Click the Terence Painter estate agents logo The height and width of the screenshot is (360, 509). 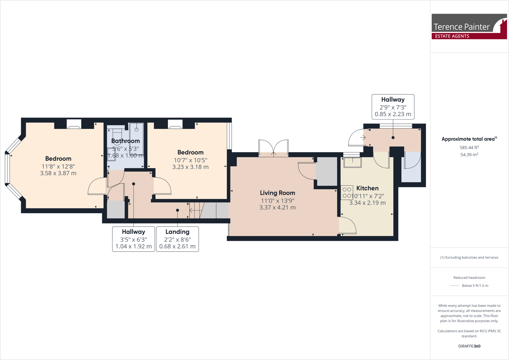tap(469, 27)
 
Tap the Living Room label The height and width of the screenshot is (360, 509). tap(277, 193)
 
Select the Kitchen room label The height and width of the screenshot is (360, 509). tap(367, 188)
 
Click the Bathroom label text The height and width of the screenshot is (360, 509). tap(126, 141)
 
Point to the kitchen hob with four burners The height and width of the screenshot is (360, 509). tap(347, 192)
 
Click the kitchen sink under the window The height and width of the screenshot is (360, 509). tap(352, 162)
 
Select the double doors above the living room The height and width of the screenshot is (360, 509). tap(273, 148)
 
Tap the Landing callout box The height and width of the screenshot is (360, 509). tap(177, 239)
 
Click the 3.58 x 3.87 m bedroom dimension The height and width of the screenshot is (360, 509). tap(58, 173)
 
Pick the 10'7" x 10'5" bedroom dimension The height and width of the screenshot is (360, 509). tap(190, 160)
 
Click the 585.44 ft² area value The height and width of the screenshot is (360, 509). tap(469, 147)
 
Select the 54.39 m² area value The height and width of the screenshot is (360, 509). tap(469, 154)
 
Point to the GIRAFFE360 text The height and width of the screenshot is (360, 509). tap(469, 346)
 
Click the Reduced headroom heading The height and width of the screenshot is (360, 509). tap(469, 278)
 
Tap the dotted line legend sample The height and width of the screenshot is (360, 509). tap(454, 286)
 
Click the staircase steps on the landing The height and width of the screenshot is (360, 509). tap(196, 211)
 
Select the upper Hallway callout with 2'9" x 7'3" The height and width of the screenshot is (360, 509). tap(393, 107)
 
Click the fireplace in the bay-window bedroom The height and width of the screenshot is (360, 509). tap(74, 124)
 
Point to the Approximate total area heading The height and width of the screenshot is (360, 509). tap(469, 139)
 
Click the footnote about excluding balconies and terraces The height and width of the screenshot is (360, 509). tap(469, 258)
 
